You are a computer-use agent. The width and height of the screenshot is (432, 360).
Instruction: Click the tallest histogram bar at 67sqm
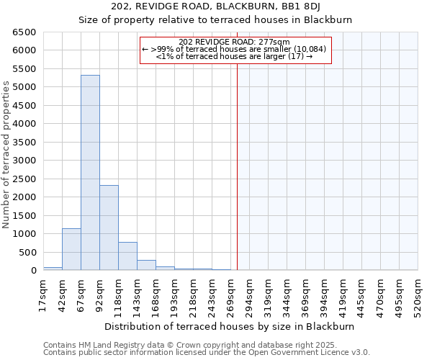[90, 173]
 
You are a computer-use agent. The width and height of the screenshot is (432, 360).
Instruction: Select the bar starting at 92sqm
[109, 228]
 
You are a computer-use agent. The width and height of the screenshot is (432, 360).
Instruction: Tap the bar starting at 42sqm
[71, 249]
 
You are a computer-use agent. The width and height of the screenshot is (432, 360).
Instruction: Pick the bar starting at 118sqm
[127, 256]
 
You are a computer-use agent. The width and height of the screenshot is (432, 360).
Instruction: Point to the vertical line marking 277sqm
[237, 158]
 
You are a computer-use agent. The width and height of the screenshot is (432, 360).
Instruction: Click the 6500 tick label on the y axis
[24, 32]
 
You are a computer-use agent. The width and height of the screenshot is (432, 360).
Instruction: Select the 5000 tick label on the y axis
[24, 87]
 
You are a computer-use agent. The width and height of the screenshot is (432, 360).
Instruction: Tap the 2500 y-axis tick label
[24, 179]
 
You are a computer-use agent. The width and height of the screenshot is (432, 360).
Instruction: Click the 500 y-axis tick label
[27, 252]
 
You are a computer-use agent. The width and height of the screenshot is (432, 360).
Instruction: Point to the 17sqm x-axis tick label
[44, 294]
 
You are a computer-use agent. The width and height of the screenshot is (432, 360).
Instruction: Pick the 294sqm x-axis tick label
[249, 294]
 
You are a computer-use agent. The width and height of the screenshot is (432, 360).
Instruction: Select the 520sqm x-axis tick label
[418, 294]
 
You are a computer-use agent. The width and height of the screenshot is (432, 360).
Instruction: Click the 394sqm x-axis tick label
[324, 294]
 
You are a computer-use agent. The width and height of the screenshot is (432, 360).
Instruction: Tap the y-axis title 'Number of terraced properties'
[6, 155]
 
